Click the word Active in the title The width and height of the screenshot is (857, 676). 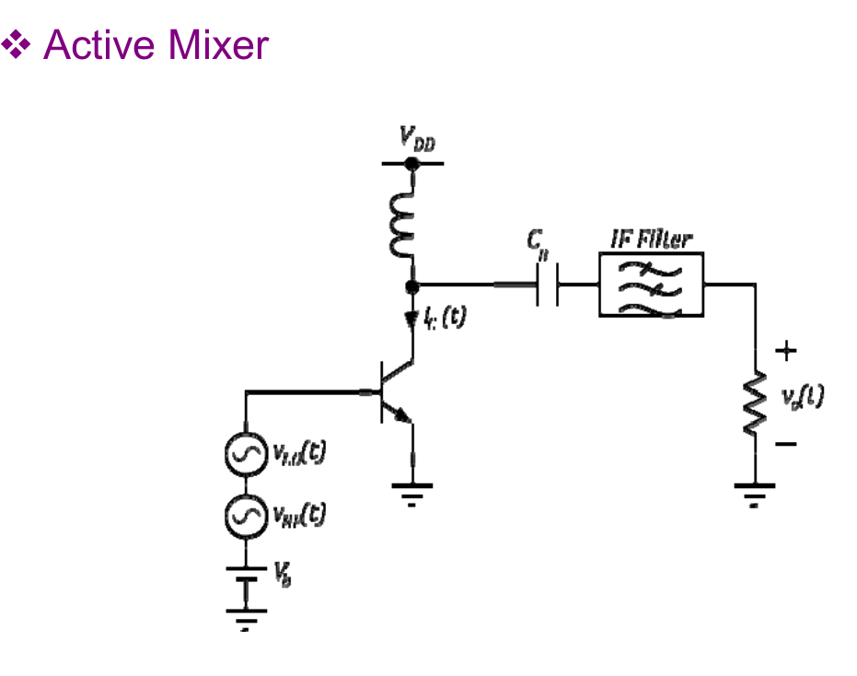[99, 45]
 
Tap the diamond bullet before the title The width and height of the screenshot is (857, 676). [18, 43]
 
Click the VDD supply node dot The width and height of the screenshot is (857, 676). [412, 163]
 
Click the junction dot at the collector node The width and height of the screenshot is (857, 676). [412, 286]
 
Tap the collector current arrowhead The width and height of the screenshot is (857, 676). [412, 320]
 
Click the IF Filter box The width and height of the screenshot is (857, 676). [651, 285]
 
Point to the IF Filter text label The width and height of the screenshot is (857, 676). [651, 240]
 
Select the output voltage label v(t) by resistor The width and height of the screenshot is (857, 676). [801, 397]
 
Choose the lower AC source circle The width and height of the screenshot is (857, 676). [246, 516]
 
